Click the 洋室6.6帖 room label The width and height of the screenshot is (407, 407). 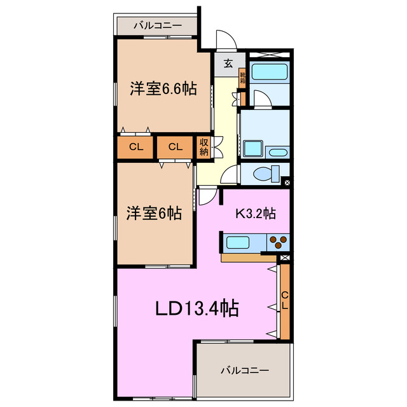(163, 90)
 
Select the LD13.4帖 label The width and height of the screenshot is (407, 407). (198, 309)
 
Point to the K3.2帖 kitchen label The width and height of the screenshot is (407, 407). (256, 214)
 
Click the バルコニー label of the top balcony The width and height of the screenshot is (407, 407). (157, 26)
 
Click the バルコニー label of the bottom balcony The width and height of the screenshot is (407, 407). (245, 369)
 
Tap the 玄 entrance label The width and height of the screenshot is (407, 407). (227, 63)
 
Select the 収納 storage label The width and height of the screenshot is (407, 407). (204, 147)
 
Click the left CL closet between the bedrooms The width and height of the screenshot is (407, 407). (135, 147)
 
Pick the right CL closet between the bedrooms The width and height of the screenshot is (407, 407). (176, 147)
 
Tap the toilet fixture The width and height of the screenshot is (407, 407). (266, 172)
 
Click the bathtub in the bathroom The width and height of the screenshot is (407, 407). (269, 71)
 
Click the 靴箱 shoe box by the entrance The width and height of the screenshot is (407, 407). (242, 78)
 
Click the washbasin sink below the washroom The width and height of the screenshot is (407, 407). (277, 153)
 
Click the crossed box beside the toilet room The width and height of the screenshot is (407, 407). (287, 183)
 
